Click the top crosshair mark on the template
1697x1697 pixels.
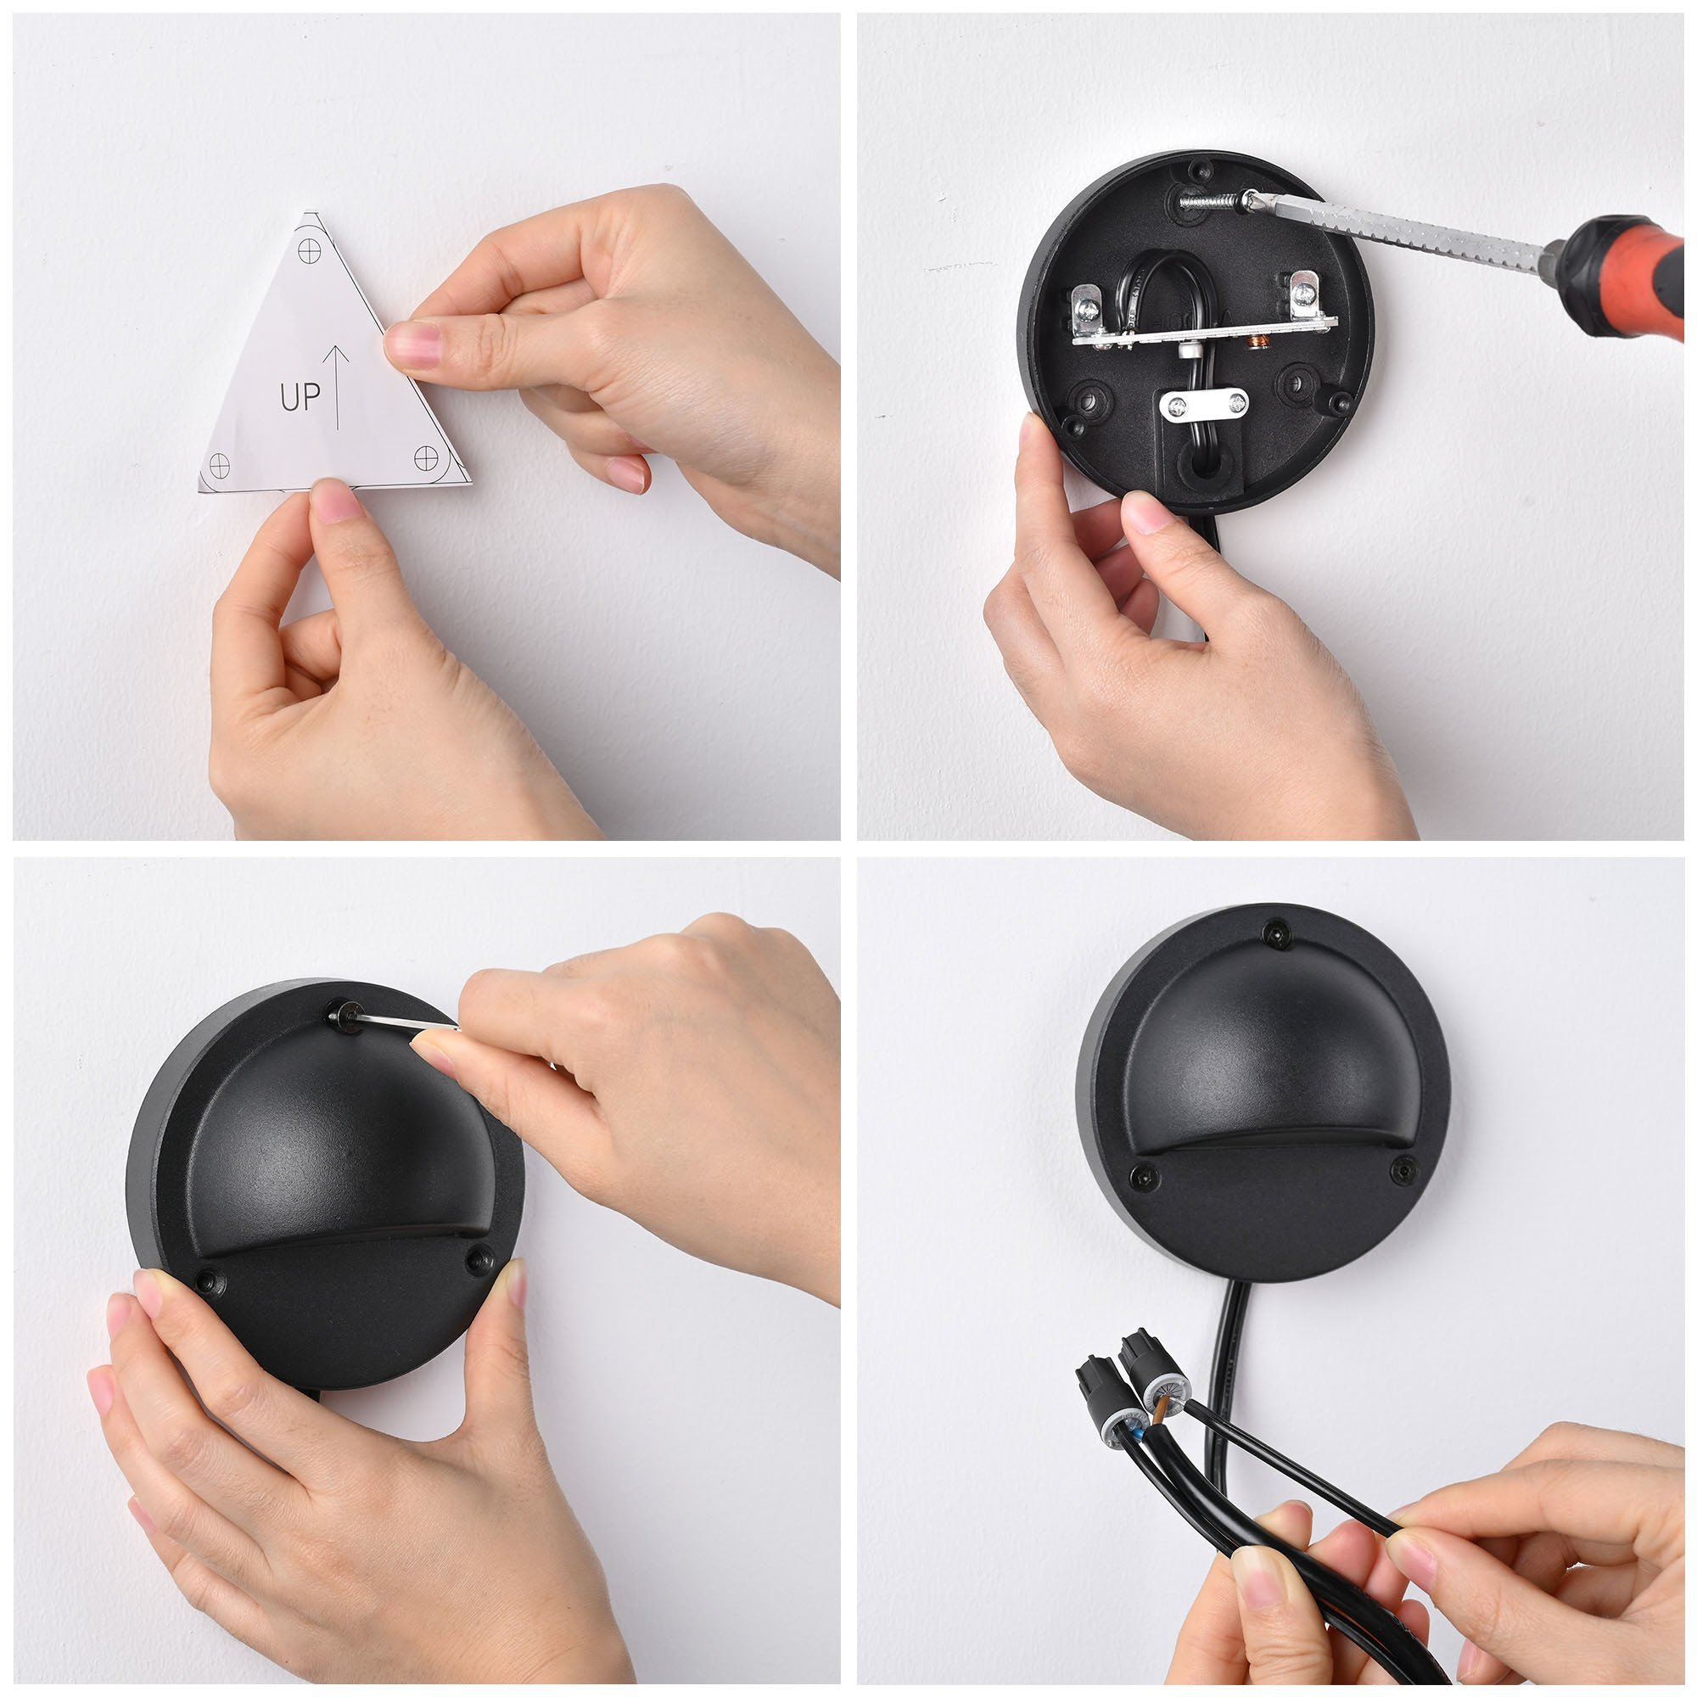point(309,250)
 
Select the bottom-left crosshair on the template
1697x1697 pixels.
point(219,464)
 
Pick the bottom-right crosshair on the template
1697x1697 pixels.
point(426,456)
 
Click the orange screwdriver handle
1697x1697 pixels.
point(1627,275)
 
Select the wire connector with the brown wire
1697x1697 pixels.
point(1151,1375)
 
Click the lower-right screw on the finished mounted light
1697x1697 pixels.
point(1403,1170)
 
